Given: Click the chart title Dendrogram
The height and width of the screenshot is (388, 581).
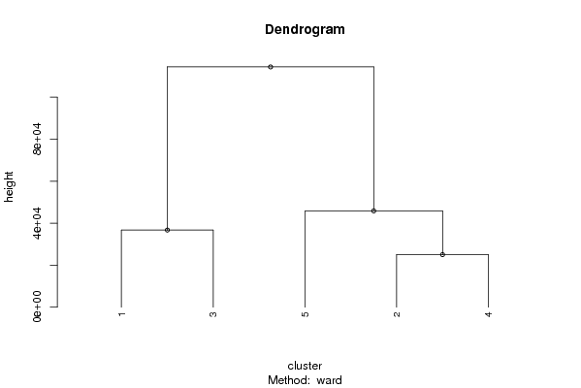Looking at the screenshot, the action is tap(305, 29).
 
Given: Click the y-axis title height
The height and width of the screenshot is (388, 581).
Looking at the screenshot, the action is tap(9, 187).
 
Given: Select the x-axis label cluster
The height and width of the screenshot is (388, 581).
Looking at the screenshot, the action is tap(305, 366).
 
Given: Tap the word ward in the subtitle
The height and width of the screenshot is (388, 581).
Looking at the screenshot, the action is tap(329, 380).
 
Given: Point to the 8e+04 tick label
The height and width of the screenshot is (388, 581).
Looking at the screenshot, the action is tap(37, 139).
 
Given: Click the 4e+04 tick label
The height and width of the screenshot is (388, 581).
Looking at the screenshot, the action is tap(37, 223).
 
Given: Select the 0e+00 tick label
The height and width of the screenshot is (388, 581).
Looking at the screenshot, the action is tap(37, 307).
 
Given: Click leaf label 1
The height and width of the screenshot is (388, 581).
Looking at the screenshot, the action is tap(121, 314).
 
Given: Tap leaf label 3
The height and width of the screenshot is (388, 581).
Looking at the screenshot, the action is tap(213, 314).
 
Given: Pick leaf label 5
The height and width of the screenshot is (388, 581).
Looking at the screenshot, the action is tap(305, 314).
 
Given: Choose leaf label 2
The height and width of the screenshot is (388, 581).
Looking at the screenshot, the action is tap(397, 314).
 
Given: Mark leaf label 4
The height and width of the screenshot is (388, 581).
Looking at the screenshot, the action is tap(488, 314).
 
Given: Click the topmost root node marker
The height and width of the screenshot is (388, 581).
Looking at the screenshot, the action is tap(271, 67).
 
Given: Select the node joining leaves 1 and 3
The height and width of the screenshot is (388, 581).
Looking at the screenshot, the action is tap(167, 230).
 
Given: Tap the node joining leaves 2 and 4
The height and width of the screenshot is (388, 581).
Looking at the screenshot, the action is tap(442, 254).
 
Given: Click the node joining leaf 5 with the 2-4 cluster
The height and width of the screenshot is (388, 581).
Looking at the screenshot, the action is tap(373, 210).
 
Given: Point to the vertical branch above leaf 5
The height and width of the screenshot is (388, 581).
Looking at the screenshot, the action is tap(305, 259).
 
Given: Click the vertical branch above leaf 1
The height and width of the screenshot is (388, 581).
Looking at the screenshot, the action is tap(121, 269).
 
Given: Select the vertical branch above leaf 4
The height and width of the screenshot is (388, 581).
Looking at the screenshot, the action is tap(488, 281).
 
